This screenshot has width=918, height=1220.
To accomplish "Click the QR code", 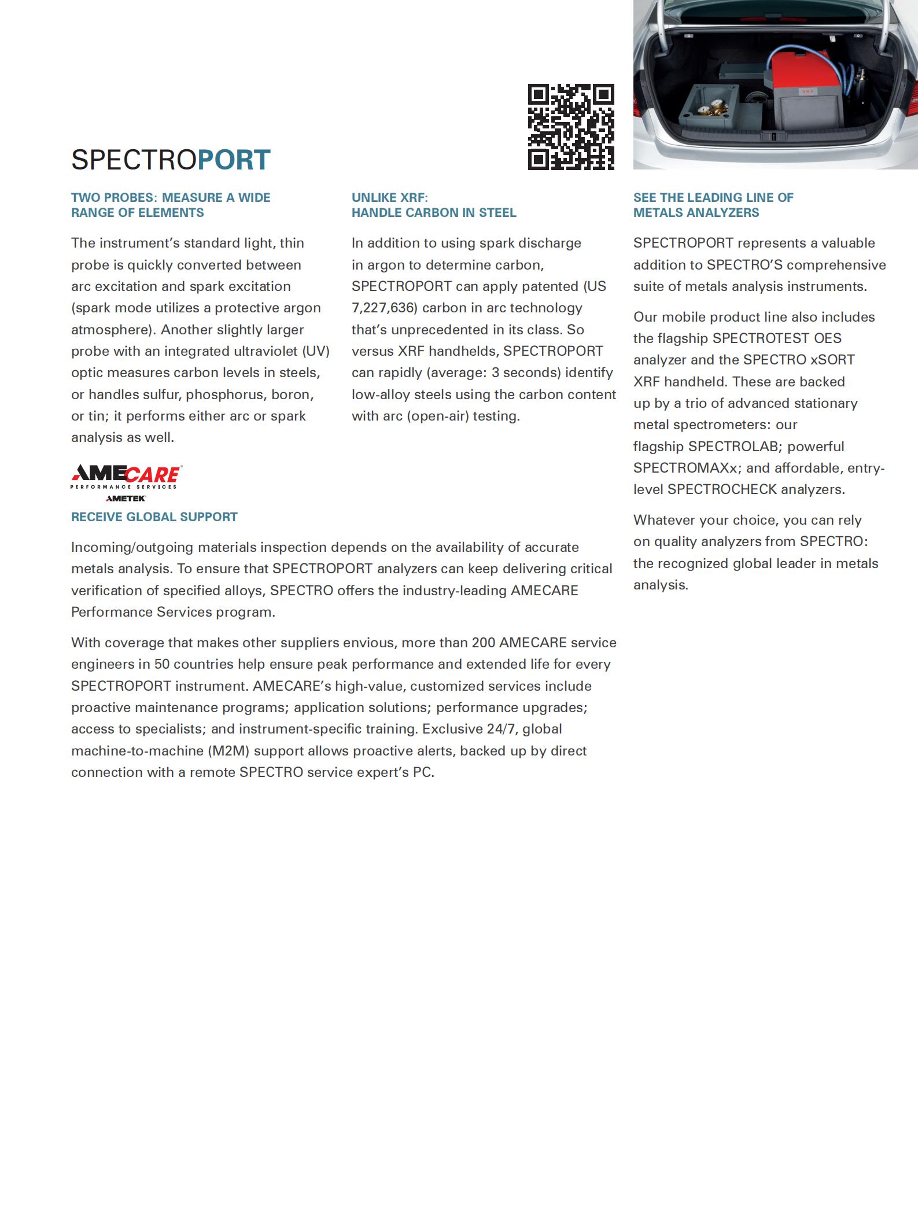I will coord(571,127).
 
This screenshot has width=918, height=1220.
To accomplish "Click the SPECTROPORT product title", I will coord(171,160).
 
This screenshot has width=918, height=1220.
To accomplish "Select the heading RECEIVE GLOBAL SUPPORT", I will coord(154,517).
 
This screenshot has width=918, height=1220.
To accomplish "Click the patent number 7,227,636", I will coord(384,308).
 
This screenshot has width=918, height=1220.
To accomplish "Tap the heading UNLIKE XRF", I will coord(389,198).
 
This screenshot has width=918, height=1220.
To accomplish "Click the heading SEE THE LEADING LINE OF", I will coord(713,198).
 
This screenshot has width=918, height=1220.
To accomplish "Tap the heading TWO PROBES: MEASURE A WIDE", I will coord(171,198).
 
